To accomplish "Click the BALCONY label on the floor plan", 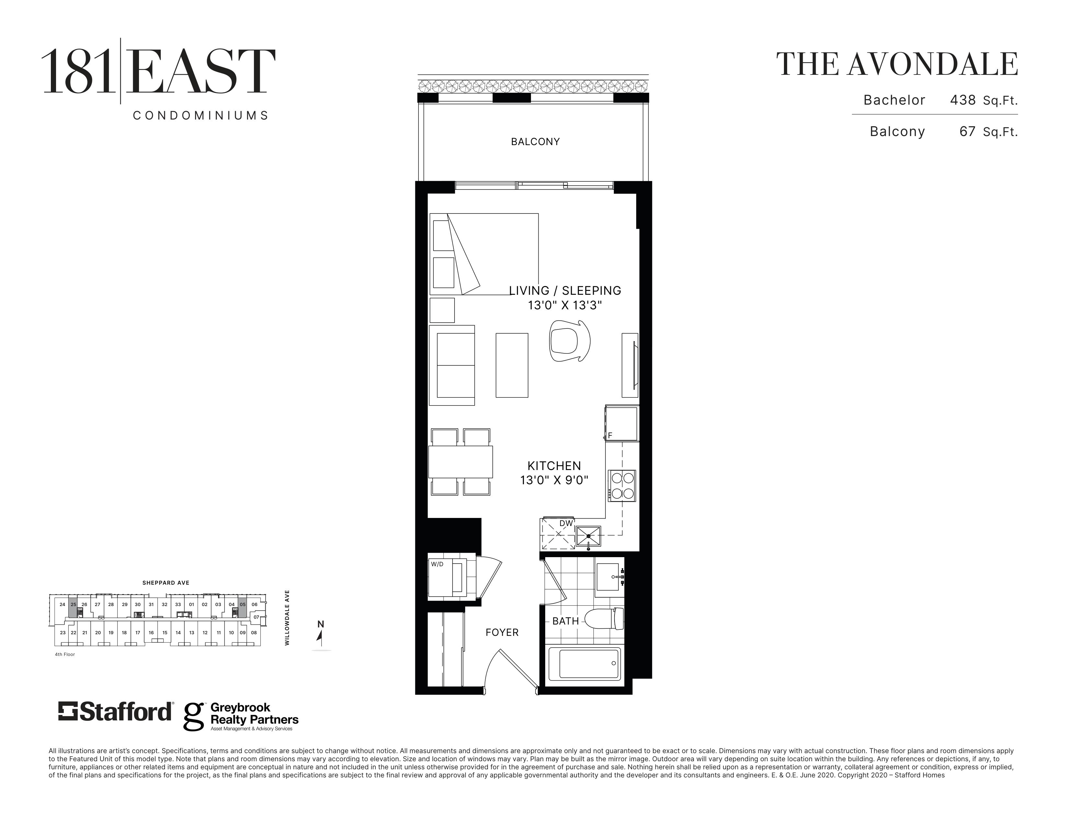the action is click(x=535, y=142).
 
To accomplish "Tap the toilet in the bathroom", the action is click(x=604, y=619).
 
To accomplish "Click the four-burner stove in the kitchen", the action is click(x=622, y=486).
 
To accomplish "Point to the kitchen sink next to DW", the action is click(x=588, y=537).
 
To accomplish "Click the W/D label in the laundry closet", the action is click(x=437, y=564).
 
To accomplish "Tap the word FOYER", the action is click(x=502, y=632).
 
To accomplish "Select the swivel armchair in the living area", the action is click(x=569, y=340).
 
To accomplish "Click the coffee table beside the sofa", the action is click(x=512, y=365).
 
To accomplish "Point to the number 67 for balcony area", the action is click(x=968, y=131).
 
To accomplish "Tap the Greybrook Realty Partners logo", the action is click(x=241, y=717).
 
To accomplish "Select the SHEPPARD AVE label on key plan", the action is click(x=166, y=583).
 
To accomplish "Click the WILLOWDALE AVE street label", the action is click(x=287, y=617).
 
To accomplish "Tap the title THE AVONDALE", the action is click(x=897, y=64).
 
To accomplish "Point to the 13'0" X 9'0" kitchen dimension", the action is click(x=554, y=480).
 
